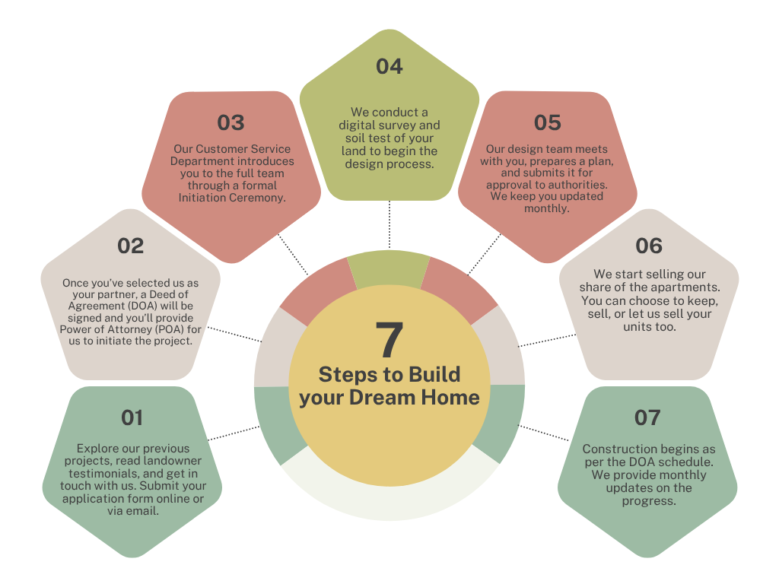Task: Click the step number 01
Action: click(x=132, y=417)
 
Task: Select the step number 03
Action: click(x=231, y=122)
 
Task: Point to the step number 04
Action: click(x=389, y=67)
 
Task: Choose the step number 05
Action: click(x=547, y=122)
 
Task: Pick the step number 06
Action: click(x=649, y=246)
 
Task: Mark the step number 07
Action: click(x=647, y=417)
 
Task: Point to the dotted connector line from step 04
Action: click(x=389, y=224)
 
